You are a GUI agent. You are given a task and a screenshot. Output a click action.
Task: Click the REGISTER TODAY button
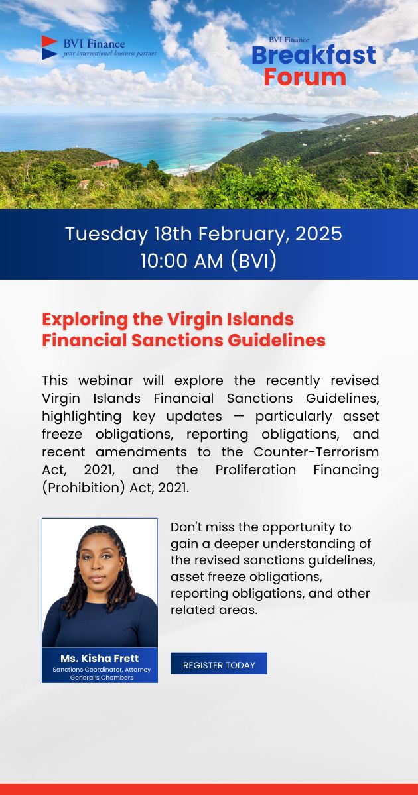coord(219,664)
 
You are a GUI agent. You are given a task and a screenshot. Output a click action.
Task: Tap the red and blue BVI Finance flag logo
coord(50,48)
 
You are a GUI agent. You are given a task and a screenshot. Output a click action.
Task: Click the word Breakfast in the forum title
coord(314,55)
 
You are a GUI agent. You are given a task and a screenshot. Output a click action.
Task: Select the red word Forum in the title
coord(305,77)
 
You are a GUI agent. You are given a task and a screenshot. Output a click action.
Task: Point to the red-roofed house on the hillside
coord(106,163)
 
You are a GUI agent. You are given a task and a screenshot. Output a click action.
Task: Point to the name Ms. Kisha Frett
coord(100,658)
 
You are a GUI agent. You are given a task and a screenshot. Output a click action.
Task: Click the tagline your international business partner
coord(110,53)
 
